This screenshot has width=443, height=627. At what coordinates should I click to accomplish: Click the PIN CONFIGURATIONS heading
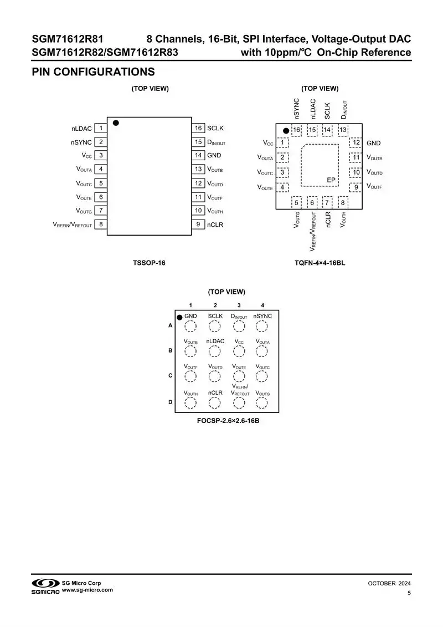click(x=93, y=72)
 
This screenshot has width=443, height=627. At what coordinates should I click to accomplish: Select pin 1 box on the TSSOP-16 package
click(x=101, y=128)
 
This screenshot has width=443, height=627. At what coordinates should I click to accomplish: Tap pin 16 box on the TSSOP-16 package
click(x=198, y=128)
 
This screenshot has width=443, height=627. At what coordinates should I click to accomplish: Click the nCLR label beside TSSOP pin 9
click(x=215, y=225)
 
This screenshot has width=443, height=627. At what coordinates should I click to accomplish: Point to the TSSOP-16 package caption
click(x=149, y=263)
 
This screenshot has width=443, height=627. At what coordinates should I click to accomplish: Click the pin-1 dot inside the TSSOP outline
click(x=116, y=123)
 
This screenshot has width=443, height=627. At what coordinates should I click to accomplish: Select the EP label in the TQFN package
click(x=331, y=180)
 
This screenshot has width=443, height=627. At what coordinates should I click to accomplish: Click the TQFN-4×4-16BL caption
click(x=320, y=263)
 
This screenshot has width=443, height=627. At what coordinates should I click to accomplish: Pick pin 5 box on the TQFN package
click(x=297, y=203)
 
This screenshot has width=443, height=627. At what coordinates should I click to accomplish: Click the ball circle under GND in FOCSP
click(x=190, y=325)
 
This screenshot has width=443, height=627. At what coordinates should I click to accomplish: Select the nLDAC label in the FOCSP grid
click(x=215, y=341)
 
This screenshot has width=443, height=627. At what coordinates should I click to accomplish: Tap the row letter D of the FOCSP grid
click(x=170, y=402)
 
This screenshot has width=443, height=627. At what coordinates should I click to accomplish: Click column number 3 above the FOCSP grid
click(x=239, y=305)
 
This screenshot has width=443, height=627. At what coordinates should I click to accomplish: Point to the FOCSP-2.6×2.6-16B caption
click(x=228, y=421)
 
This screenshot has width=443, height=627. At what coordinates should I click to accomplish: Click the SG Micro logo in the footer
click(x=45, y=585)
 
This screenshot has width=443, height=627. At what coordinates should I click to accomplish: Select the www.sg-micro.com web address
click(x=87, y=590)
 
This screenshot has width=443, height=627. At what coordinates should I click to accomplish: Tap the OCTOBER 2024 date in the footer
click(x=389, y=583)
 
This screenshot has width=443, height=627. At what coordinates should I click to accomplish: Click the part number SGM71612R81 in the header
click(x=68, y=39)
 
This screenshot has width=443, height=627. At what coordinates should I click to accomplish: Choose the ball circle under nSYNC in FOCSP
click(x=262, y=325)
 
